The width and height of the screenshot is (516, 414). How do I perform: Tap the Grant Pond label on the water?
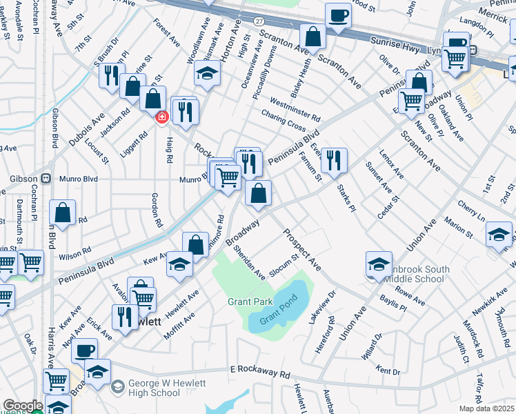pos(277,317)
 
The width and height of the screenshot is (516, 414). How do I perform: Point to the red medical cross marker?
pos(162,118)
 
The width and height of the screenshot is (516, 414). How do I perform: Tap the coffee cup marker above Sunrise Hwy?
pos(338,15)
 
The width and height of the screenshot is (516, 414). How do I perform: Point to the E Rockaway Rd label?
pos(259,373)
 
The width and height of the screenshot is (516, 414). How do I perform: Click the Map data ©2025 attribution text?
pos(486,408)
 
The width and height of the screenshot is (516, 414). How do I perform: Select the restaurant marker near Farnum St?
pos(334,160)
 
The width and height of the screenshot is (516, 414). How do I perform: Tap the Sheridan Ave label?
pos(250,263)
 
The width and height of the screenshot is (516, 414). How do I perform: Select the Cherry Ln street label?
pos(473,210)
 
